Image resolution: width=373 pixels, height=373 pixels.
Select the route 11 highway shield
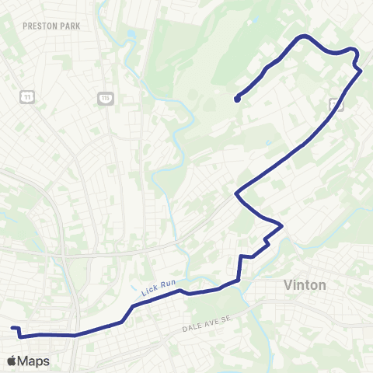click(x=27, y=96)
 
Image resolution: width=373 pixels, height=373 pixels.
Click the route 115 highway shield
click(x=106, y=97)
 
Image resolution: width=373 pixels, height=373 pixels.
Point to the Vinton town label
click(x=305, y=285)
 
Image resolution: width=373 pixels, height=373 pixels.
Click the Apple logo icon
click(x=12, y=361)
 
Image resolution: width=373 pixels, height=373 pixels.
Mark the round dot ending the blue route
click(x=236, y=99)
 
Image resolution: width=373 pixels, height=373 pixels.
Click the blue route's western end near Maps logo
click(x=12, y=328)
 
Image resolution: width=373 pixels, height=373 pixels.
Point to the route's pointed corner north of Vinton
click(x=281, y=226)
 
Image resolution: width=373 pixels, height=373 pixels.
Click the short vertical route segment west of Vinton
click(x=239, y=267)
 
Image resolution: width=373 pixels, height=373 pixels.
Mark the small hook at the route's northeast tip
click(x=356, y=54)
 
